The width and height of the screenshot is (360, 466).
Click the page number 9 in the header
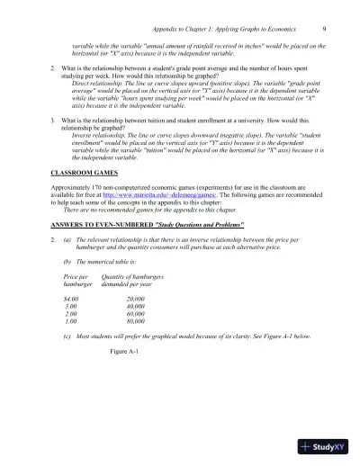coord(323,28)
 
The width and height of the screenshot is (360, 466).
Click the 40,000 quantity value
coord(137,330)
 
